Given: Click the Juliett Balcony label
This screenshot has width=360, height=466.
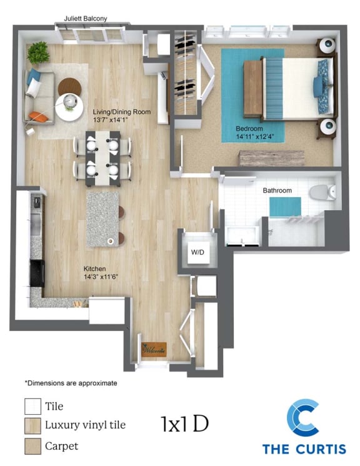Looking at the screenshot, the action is tap(86, 18).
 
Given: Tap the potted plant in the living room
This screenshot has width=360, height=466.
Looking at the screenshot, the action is tap(38, 53).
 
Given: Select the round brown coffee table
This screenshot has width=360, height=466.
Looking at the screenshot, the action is tap(69, 87).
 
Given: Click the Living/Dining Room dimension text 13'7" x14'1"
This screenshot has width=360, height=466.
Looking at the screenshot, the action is tap(110, 119).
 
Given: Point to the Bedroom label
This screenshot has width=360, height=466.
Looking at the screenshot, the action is tap(249, 129).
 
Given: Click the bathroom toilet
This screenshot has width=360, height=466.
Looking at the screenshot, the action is tap(322, 192).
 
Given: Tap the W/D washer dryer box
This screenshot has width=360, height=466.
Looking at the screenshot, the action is tap(197, 252).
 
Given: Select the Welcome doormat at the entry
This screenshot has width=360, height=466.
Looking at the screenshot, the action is tap(154, 350).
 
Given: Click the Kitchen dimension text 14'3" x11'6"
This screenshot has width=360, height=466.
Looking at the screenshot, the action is tap(101, 276).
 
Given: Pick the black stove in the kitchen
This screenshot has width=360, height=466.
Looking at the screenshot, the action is tap(37, 273).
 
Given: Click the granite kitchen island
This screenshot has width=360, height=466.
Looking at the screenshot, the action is tap(102, 220).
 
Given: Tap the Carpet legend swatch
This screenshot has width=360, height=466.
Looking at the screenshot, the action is tap(32, 446).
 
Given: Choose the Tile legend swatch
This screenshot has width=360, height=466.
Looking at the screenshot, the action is tap(32, 406).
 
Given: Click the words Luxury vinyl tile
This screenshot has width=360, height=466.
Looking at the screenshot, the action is tap(85, 425).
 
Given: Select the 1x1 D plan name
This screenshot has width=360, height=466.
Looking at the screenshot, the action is tap(184, 423).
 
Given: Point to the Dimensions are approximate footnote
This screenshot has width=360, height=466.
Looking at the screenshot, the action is tap(71, 383).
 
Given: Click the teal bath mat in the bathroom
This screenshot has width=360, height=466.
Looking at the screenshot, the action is tap(285, 207).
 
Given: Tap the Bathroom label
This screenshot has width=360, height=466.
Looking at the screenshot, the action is tap(277, 191).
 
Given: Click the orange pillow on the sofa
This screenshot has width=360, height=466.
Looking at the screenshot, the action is tap(38, 116).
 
